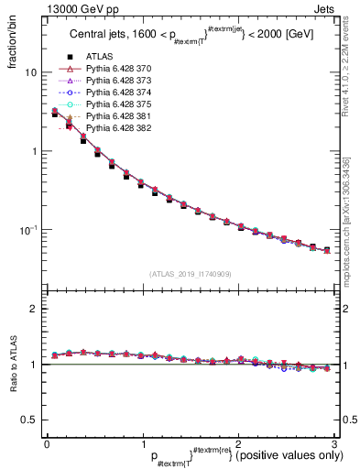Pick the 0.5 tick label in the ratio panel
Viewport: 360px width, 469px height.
29,420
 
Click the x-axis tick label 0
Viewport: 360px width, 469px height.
48,444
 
